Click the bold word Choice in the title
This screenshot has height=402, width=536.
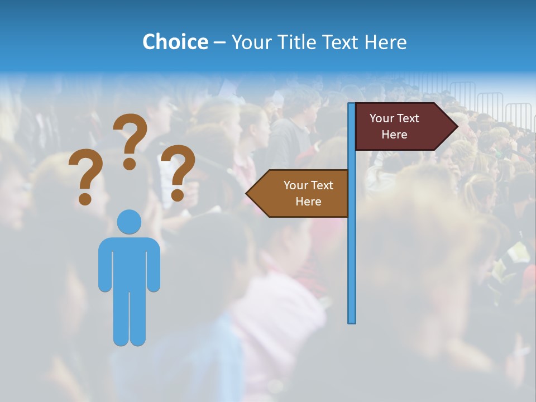(x=175, y=42)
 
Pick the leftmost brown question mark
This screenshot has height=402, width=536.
(x=85, y=176)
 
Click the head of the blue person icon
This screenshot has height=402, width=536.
(x=129, y=222)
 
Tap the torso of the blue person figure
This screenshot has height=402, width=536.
(x=129, y=262)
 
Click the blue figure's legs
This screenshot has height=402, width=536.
(x=129, y=318)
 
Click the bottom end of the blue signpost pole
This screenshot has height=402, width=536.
(x=351, y=320)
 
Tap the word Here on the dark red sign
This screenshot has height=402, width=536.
(x=394, y=135)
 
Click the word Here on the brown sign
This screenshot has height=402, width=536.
(x=308, y=202)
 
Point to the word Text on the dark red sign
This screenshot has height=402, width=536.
(x=408, y=118)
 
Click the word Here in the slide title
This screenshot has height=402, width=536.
(x=385, y=42)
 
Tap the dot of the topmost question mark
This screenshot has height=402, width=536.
(x=130, y=164)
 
